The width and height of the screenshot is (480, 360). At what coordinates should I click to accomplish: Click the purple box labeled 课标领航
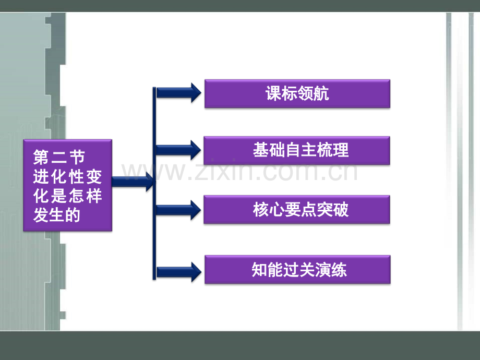(297, 94)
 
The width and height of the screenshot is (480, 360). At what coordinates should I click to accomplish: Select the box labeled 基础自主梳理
(297, 150)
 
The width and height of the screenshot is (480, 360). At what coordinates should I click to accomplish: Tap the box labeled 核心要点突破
(297, 210)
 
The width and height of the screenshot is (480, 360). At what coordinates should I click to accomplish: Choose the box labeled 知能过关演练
(297, 269)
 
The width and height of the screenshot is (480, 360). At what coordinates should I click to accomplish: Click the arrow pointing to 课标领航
(179, 93)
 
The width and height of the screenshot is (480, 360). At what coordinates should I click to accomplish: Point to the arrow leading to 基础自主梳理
(178, 150)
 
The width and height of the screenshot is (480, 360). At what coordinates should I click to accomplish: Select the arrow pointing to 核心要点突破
(178, 210)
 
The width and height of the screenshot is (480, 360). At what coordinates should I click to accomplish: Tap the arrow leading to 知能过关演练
(179, 272)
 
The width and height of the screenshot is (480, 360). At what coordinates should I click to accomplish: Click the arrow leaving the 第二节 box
(133, 182)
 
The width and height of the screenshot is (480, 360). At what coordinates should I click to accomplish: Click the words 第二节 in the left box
(59, 158)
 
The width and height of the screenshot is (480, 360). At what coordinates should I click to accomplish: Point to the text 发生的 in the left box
(57, 215)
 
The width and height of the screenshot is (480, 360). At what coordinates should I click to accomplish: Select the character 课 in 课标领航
(273, 93)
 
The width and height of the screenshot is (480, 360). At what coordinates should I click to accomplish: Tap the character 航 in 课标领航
(321, 93)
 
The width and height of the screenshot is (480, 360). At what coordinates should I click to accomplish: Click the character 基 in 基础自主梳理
(261, 150)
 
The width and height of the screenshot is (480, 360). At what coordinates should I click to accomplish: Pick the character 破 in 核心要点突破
(341, 210)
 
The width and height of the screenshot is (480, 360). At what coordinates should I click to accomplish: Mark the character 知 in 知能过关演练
(260, 270)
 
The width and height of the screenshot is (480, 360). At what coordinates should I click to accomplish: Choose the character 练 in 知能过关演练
(339, 270)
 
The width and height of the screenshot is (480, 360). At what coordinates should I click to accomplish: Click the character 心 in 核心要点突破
(277, 210)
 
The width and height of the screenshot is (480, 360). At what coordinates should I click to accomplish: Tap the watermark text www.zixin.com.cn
(239, 172)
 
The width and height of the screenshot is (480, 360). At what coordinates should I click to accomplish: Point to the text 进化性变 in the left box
(67, 177)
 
